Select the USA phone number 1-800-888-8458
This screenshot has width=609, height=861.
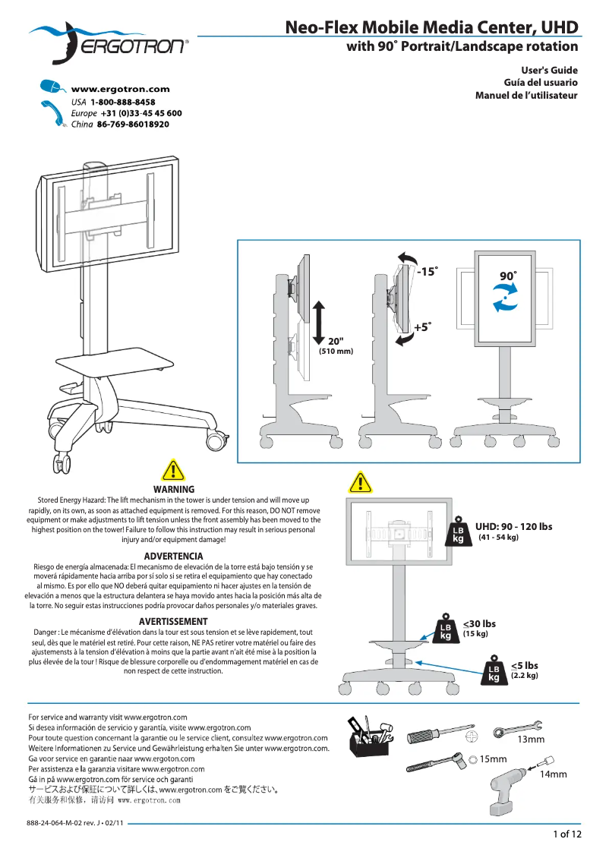pos(122,102)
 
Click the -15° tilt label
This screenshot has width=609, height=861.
pos(427,271)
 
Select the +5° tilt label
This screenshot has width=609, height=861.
pos(422,327)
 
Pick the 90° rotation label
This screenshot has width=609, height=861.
pos(508,276)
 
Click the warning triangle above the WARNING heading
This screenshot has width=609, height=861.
pos(174,471)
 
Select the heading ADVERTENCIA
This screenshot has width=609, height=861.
pos(173,557)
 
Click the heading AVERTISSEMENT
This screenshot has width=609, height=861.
pos(173,622)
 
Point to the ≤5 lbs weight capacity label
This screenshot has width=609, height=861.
pos(524,665)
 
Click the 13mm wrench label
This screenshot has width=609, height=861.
pos(531,739)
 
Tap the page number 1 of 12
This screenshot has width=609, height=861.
pos(566,834)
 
